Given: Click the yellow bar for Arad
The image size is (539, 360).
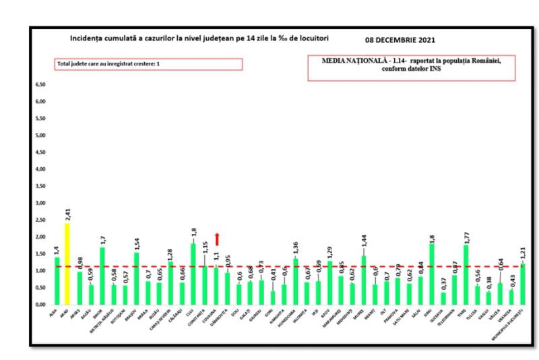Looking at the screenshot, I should click(x=67, y=264).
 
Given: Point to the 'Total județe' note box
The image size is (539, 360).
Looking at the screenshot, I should click(x=148, y=64).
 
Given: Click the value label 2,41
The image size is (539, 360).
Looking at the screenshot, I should click(x=67, y=214).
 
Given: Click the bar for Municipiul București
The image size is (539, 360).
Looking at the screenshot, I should click(x=523, y=284).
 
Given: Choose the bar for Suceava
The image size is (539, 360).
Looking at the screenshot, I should click(x=443, y=298).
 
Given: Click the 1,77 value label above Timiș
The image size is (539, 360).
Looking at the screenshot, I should click(x=466, y=236).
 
